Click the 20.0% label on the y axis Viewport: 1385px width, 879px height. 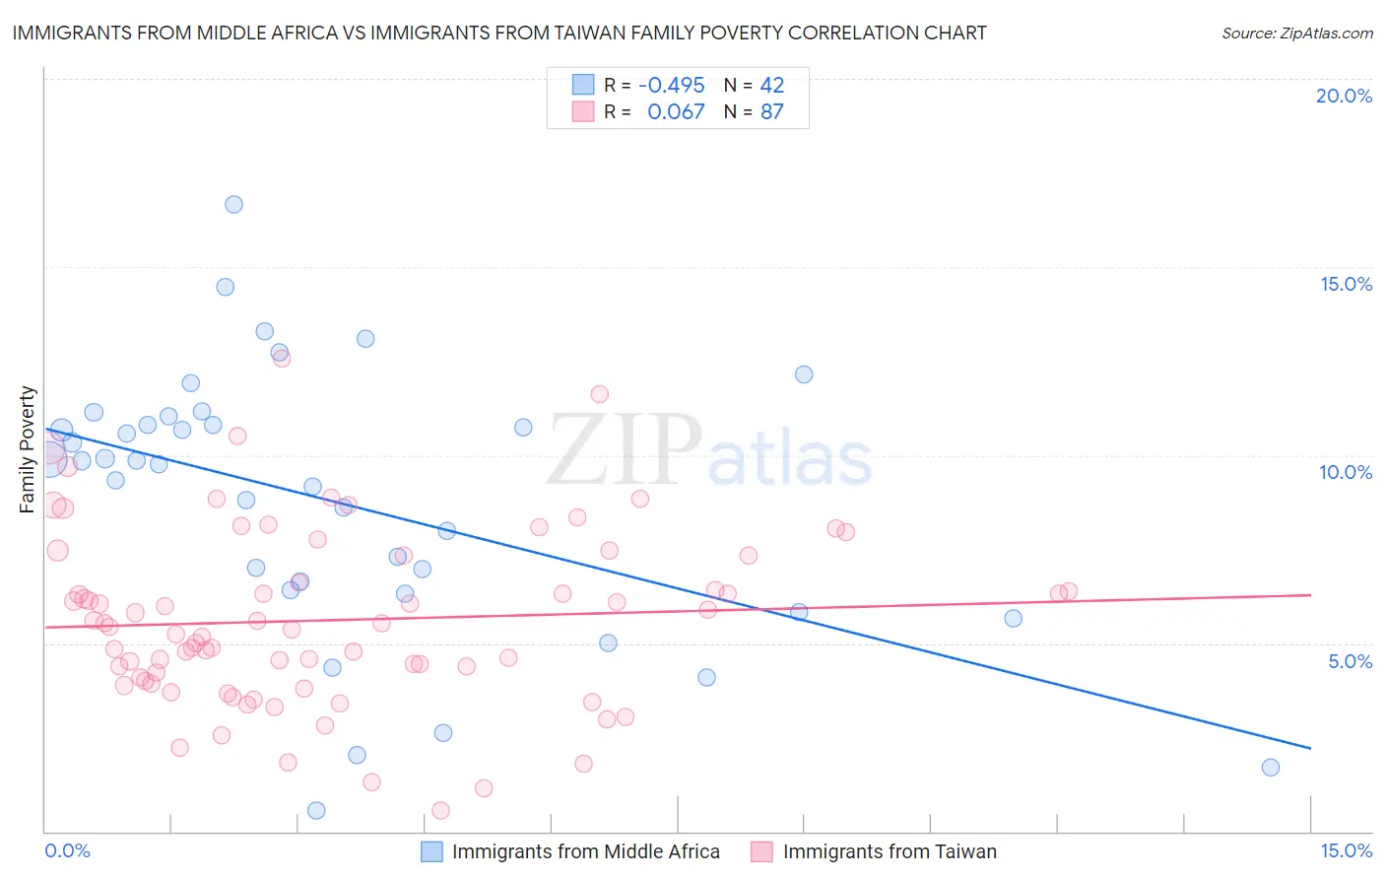(x=1344, y=96)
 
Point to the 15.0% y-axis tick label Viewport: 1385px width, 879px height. (x=1346, y=284)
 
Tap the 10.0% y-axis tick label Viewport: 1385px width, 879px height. (x=1346, y=472)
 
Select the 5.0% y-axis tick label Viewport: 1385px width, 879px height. (x=1350, y=661)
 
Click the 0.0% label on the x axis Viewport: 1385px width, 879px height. (x=67, y=851)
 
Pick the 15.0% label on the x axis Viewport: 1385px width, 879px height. (x=1346, y=851)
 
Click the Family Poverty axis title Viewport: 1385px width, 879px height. (x=28, y=449)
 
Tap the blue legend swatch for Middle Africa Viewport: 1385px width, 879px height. (x=431, y=851)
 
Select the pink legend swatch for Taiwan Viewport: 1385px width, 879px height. (x=761, y=851)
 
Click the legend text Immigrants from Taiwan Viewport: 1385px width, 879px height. (x=890, y=851)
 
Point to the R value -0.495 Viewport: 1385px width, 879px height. (x=672, y=86)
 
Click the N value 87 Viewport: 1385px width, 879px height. (x=772, y=112)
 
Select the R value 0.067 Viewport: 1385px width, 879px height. (x=676, y=112)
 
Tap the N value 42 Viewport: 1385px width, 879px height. (x=772, y=86)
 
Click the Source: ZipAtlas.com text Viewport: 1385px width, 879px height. (x=1296, y=34)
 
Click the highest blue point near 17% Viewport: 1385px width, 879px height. (x=233, y=205)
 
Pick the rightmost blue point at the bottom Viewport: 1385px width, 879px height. (x=1271, y=768)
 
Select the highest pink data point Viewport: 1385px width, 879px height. (x=282, y=359)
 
